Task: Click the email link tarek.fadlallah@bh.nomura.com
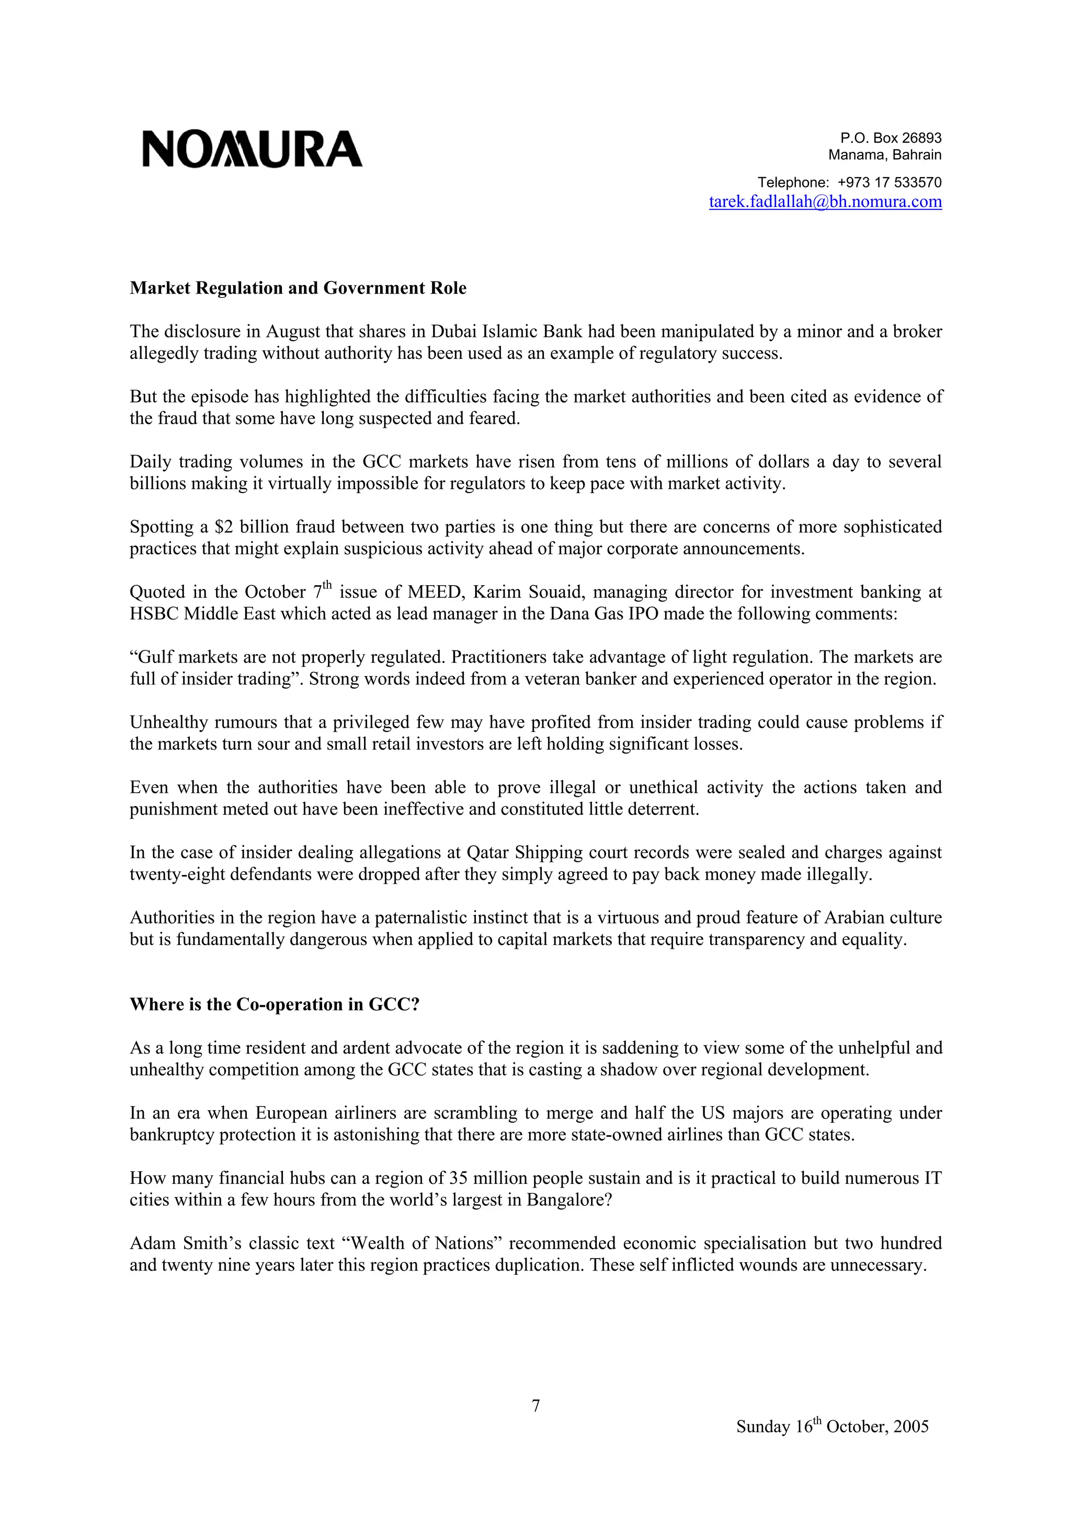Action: tap(825, 202)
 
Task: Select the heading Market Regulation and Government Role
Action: tap(298, 288)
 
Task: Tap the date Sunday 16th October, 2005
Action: tap(832, 1426)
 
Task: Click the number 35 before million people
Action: tap(458, 1179)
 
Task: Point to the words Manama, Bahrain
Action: tap(884, 155)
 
